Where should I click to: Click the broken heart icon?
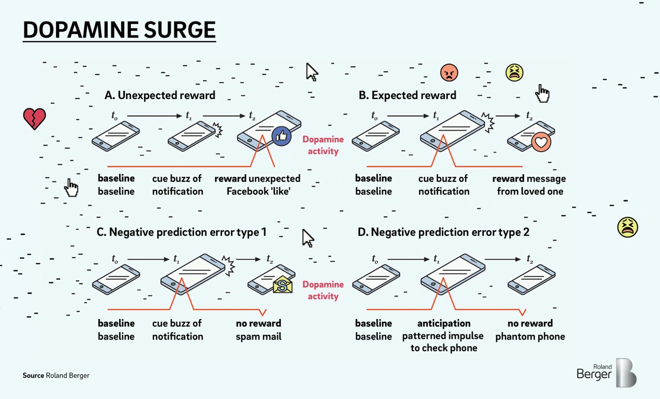click(35, 119)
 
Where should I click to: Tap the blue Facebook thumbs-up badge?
click(281, 137)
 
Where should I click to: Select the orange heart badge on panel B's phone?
click(541, 142)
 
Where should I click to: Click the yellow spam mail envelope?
click(283, 285)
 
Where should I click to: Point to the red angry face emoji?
click(449, 73)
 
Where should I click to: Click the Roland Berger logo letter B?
click(626, 373)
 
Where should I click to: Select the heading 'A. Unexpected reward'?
click(160, 95)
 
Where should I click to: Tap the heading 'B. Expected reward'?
click(408, 95)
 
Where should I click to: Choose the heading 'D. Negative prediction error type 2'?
click(443, 232)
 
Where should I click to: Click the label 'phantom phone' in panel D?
click(530, 337)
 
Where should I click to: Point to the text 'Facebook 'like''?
click(258, 191)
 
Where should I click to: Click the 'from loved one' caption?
click(530, 191)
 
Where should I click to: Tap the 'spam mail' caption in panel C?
click(258, 337)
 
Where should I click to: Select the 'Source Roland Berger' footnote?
click(56, 375)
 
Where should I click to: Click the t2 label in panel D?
click(530, 259)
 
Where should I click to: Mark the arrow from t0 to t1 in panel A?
click(155, 116)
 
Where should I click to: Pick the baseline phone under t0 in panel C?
click(116, 279)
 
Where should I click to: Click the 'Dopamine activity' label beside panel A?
click(323, 145)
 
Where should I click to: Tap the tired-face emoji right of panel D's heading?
click(627, 227)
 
